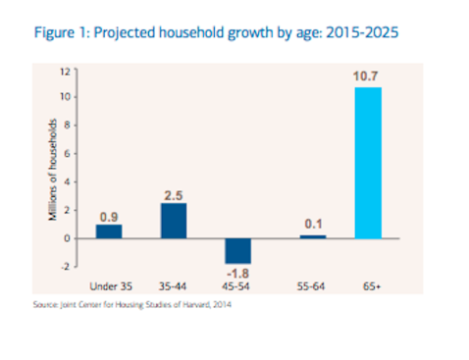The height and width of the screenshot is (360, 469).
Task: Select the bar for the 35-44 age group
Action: tap(173, 221)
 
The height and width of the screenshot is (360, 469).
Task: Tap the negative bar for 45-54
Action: tap(236, 250)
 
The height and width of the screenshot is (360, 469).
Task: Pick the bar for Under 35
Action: tap(110, 231)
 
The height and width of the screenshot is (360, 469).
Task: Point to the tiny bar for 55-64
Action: tap(313, 236)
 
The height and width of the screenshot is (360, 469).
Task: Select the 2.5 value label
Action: tap(174, 195)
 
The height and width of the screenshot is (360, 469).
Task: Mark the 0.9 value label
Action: tap(110, 217)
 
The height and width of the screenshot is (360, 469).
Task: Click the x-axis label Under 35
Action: tap(110, 287)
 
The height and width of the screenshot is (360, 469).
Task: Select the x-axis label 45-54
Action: tap(236, 287)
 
